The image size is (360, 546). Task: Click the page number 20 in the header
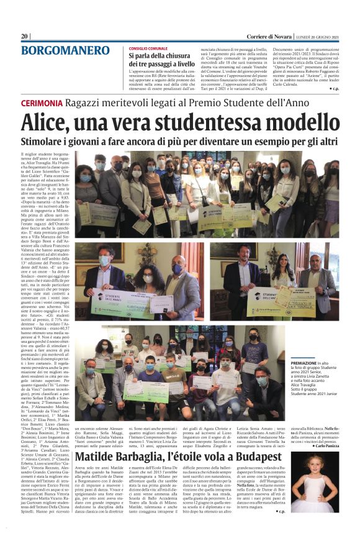point(25,37)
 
